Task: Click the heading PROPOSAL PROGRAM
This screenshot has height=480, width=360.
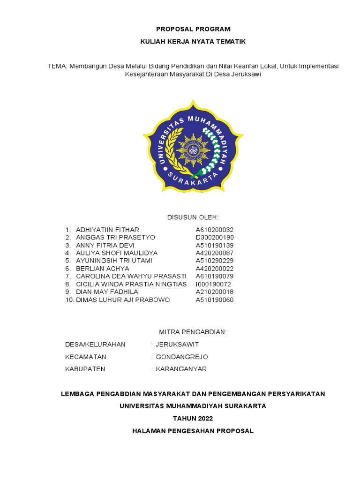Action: pyautogui.click(x=193, y=29)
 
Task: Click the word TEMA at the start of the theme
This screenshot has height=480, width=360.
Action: pyautogui.click(x=57, y=66)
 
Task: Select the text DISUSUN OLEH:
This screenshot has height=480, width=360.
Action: pyautogui.click(x=193, y=217)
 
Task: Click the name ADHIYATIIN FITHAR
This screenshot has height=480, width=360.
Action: pyautogui.click(x=107, y=230)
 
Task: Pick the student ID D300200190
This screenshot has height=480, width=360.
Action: pyautogui.click(x=214, y=238)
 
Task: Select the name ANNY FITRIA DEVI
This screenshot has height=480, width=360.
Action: pyautogui.click(x=105, y=245)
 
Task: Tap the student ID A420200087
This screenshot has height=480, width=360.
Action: pyautogui.click(x=214, y=253)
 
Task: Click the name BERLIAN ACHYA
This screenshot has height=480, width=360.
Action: pyautogui.click(x=102, y=269)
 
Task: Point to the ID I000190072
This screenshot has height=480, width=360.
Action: pyautogui.click(x=213, y=284)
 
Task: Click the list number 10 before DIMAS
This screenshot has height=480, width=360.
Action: pyautogui.click(x=69, y=300)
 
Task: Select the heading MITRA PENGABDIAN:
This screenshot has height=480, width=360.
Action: pyautogui.click(x=193, y=332)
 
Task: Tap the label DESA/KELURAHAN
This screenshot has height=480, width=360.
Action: pyautogui.click(x=95, y=345)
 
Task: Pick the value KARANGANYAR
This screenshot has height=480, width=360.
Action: pyautogui.click(x=181, y=369)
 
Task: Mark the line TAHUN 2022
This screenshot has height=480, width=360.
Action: pyautogui.click(x=193, y=418)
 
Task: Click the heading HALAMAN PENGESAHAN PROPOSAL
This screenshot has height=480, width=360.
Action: pyautogui.click(x=193, y=431)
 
